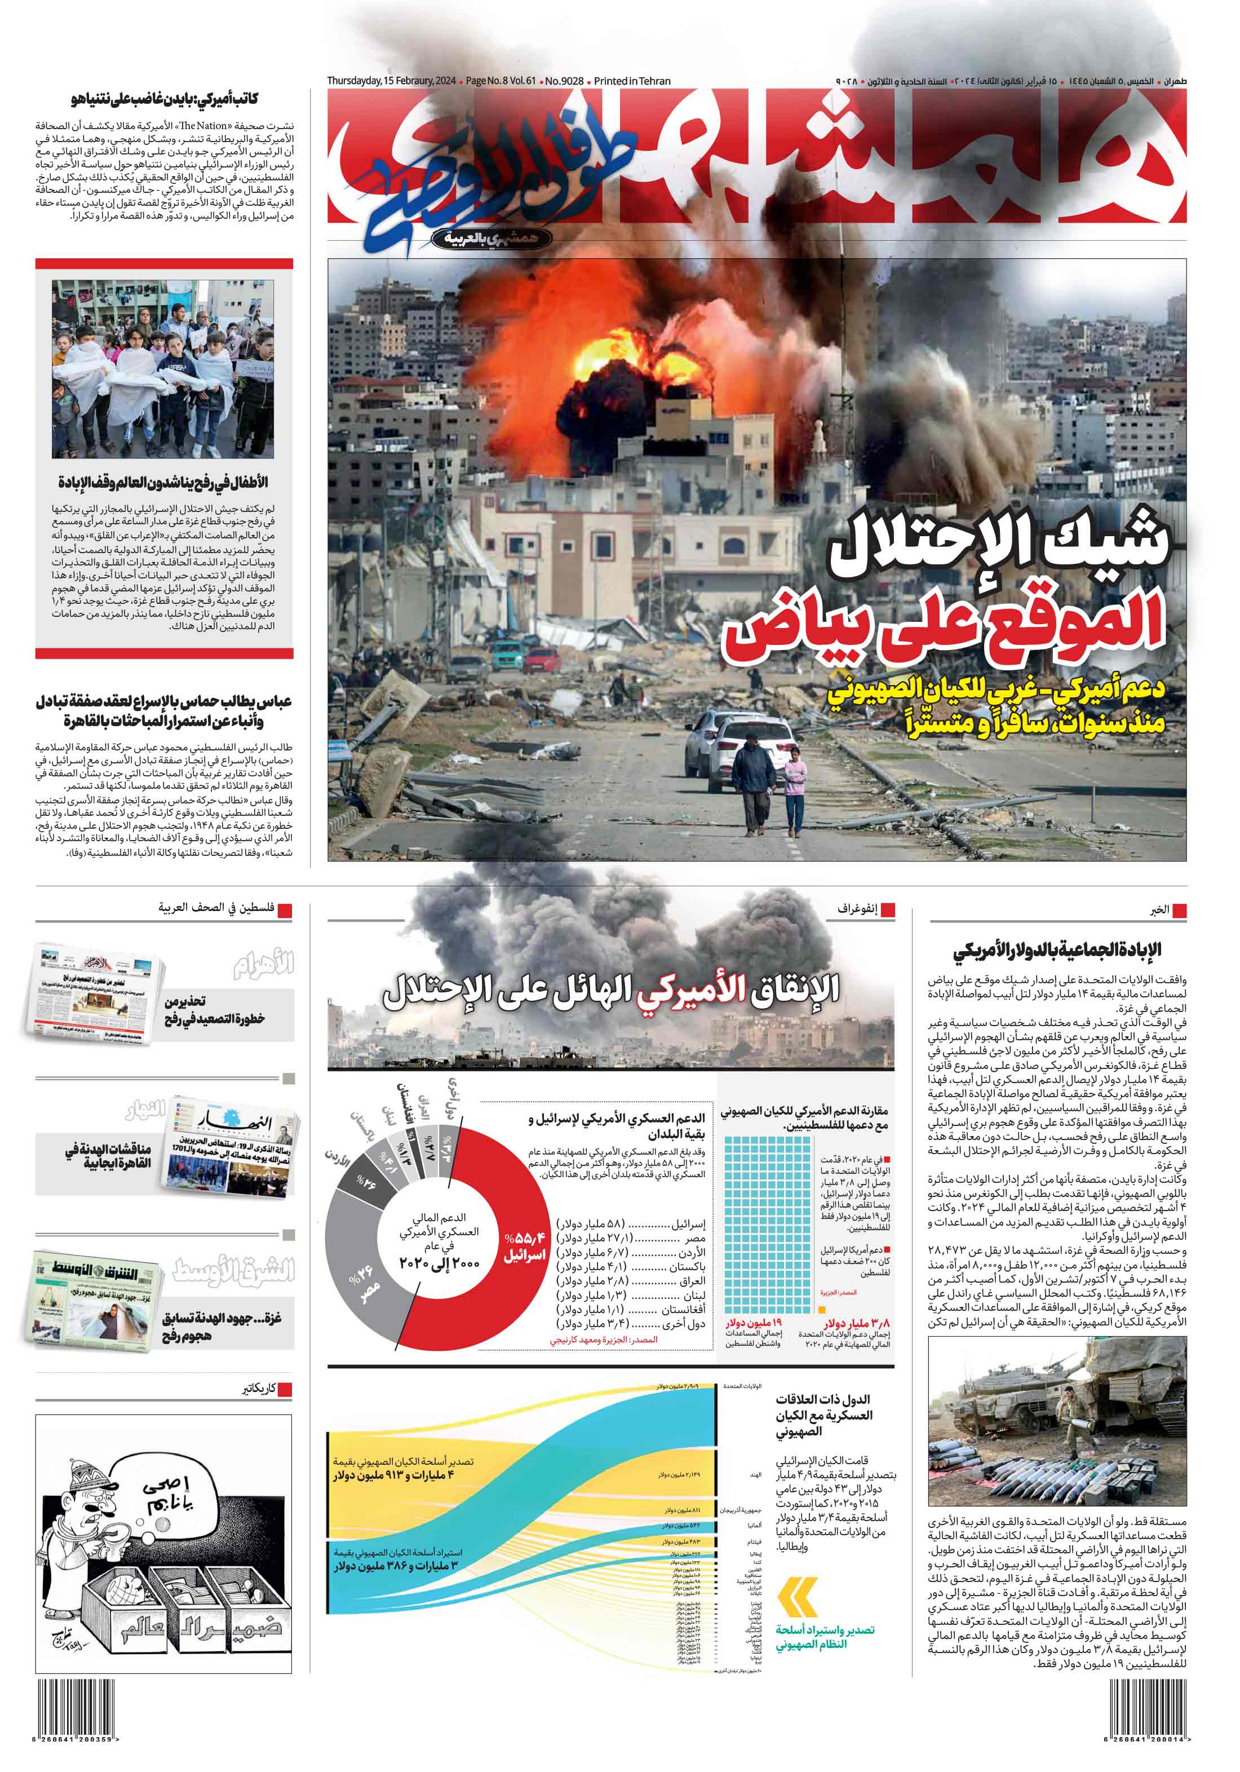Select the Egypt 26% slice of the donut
coord(360,1281)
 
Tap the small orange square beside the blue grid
coord(822,1310)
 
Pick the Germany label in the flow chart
coord(754,1526)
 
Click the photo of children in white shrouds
coord(163,369)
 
